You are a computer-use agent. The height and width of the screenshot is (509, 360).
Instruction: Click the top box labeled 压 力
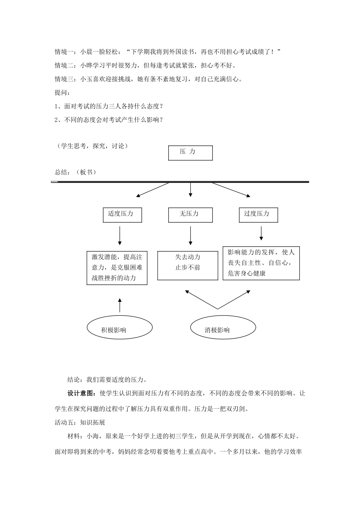point(190,153)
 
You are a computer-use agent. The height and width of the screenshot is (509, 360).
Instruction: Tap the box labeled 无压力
point(190,215)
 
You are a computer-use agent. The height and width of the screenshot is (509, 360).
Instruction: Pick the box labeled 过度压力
point(258,215)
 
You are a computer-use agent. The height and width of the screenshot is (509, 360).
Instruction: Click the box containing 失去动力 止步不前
point(188,265)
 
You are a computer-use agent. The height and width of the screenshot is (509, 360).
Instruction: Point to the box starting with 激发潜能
point(117,268)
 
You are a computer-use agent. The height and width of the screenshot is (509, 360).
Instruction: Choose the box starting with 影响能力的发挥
point(261,262)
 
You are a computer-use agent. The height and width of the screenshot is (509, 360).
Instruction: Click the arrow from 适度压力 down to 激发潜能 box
point(120,236)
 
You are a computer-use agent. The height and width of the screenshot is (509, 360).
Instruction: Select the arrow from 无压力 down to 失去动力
point(190,236)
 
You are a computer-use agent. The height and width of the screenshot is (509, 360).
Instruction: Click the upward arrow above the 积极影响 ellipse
point(120,305)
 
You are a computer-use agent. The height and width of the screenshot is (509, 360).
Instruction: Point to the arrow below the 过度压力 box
point(261,233)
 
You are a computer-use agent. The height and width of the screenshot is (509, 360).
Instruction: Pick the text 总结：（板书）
point(75,172)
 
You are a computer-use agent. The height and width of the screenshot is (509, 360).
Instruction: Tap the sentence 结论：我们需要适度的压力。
point(107,379)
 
